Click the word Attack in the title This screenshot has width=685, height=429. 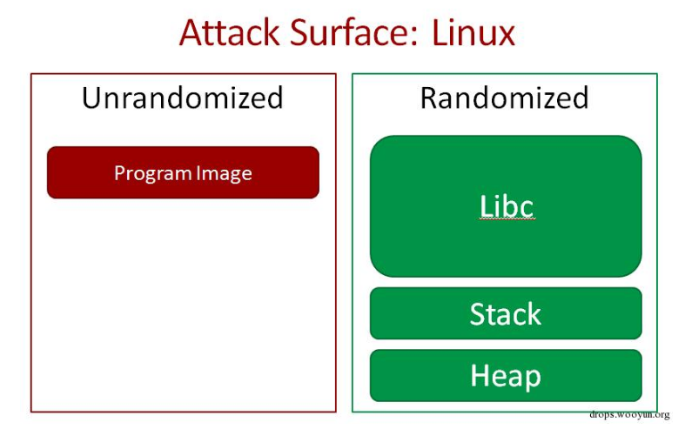[x=228, y=33]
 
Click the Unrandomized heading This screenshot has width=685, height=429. [x=183, y=97]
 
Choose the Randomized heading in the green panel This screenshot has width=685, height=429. [x=504, y=97]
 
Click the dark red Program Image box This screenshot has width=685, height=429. [x=183, y=172]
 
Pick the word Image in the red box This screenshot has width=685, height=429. [x=224, y=173]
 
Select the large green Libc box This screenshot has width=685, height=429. [x=506, y=206]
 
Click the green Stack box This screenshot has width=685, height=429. [x=506, y=313]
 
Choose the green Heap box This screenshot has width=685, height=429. [x=506, y=376]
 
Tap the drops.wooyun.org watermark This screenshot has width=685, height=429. [x=629, y=415]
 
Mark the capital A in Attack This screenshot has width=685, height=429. [x=191, y=33]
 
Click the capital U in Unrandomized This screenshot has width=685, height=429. [x=91, y=97]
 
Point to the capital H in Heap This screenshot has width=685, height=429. [x=480, y=376]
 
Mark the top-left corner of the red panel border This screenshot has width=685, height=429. [x=31, y=74]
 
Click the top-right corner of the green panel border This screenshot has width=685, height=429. [x=657, y=74]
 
